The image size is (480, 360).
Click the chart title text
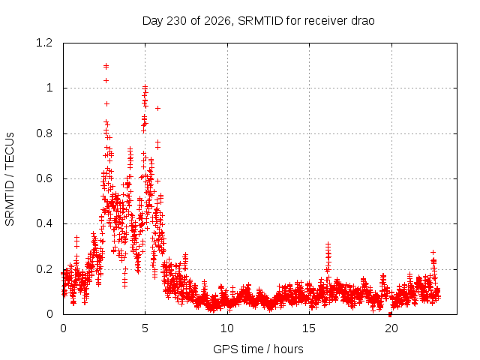pyautogui.click(x=258, y=21)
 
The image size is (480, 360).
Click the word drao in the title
pyautogui.click(x=363, y=21)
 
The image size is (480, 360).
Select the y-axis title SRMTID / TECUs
pyautogui.click(x=10, y=179)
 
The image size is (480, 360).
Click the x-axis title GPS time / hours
pyautogui.click(x=258, y=349)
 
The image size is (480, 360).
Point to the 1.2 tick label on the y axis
pyautogui.click(x=44, y=43)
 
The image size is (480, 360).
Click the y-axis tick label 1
pyautogui.click(x=49, y=88)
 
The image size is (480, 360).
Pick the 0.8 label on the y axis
pyautogui.click(x=44, y=133)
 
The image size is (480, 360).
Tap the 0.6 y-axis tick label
pyautogui.click(x=44, y=178)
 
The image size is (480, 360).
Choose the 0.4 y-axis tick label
pyautogui.click(x=44, y=223)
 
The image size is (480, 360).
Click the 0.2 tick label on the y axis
pyautogui.click(x=44, y=269)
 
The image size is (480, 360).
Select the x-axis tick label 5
pyautogui.click(x=145, y=328)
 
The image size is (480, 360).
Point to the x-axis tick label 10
pyautogui.click(x=226, y=328)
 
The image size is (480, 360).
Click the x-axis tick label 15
pyautogui.click(x=309, y=328)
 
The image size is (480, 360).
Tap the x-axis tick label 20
pyautogui.click(x=391, y=328)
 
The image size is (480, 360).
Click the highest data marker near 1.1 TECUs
pyautogui.click(x=106, y=65)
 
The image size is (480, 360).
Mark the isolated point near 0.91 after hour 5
pyautogui.click(x=157, y=108)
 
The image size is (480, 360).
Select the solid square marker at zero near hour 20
pyautogui.click(x=390, y=314)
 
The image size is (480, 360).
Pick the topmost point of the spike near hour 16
pyautogui.click(x=328, y=244)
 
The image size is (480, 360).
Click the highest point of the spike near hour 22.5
pyautogui.click(x=433, y=252)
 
